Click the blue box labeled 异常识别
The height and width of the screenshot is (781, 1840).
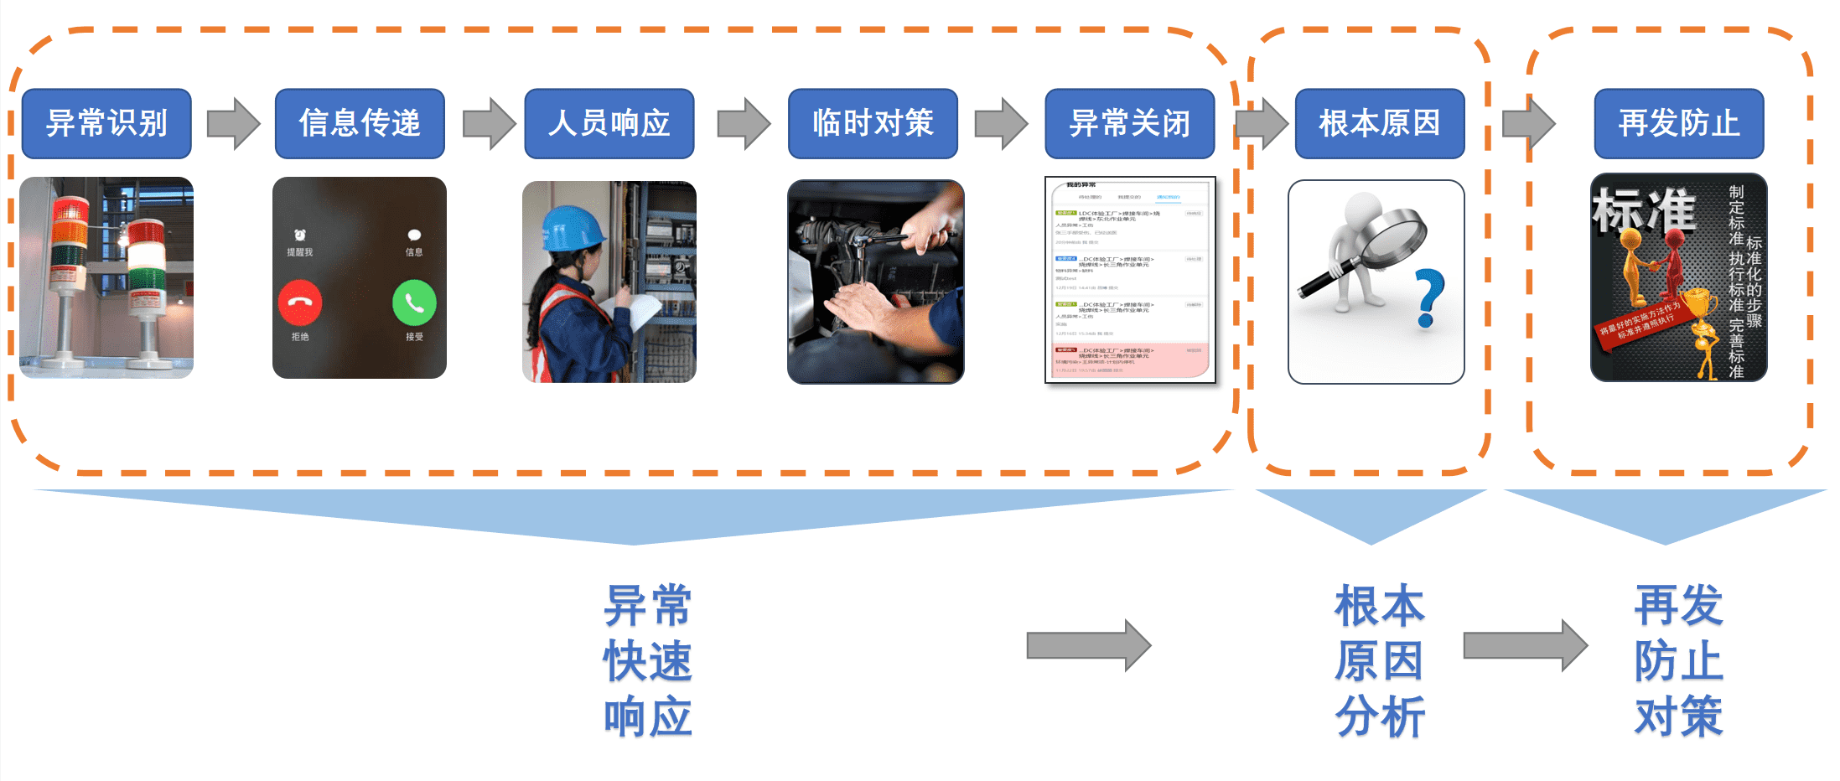pos(106,123)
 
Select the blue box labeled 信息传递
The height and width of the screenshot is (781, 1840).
pos(360,123)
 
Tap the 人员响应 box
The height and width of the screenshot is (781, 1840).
pos(609,123)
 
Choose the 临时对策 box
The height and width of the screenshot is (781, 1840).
pos(873,123)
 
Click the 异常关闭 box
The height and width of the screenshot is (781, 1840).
pos(1129,123)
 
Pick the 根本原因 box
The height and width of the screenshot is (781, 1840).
pos(1380,123)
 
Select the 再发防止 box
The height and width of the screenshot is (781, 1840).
pos(1678,123)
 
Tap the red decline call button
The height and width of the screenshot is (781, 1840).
pos(300,303)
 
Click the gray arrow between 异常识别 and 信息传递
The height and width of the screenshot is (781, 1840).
pos(234,123)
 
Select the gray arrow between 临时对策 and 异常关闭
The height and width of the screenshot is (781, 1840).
pos(1001,123)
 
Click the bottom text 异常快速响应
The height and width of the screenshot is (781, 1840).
pos(648,661)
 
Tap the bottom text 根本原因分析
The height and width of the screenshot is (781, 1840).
pos(1380,661)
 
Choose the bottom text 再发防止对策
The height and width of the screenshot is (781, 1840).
pos(1678,661)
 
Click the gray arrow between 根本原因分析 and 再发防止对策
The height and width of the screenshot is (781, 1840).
pos(1525,645)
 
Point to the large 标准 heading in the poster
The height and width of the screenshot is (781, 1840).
pos(1644,209)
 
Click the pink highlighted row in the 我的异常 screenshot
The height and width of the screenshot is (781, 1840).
pos(1130,359)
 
